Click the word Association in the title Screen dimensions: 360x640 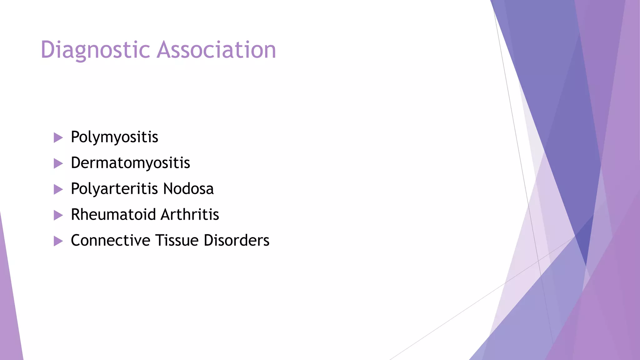pos(216,50)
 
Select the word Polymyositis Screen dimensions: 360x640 pos(114,137)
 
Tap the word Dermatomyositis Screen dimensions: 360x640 pos(130,163)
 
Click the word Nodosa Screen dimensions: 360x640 pos(188,189)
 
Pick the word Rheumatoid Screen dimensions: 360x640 pos(113,215)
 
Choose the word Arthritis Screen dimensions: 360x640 pos(190,215)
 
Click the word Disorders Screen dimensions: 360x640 pos(237,241)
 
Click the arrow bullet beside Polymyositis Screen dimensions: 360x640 pos(58,137)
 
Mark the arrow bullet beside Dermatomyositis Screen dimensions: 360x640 pos(58,163)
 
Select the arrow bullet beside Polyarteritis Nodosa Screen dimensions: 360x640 pos(58,189)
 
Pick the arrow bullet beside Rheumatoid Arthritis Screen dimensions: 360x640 pos(58,215)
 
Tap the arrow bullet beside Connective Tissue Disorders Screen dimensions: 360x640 pos(58,241)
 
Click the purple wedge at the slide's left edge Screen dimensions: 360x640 pos(8,306)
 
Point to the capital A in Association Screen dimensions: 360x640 pos(165,50)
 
